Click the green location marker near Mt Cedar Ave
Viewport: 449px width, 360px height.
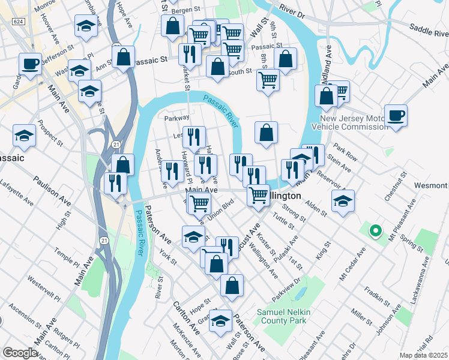pyautogui.click(x=376, y=230)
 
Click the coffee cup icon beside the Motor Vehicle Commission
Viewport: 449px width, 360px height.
pyautogui.click(x=396, y=115)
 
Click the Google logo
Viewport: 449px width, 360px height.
pyautogui.click(x=20, y=353)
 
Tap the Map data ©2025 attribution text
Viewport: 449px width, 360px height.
pyautogui.click(x=423, y=355)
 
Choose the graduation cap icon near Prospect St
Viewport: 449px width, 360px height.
pyautogui.click(x=25, y=136)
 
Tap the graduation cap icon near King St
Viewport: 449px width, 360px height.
pyautogui.click(x=342, y=201)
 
